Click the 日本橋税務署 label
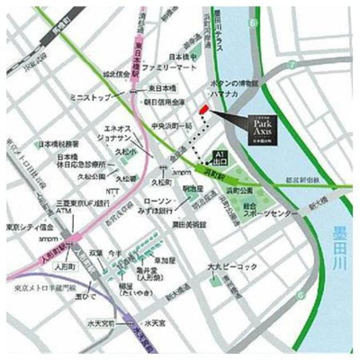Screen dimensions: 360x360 pos(58,144)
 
